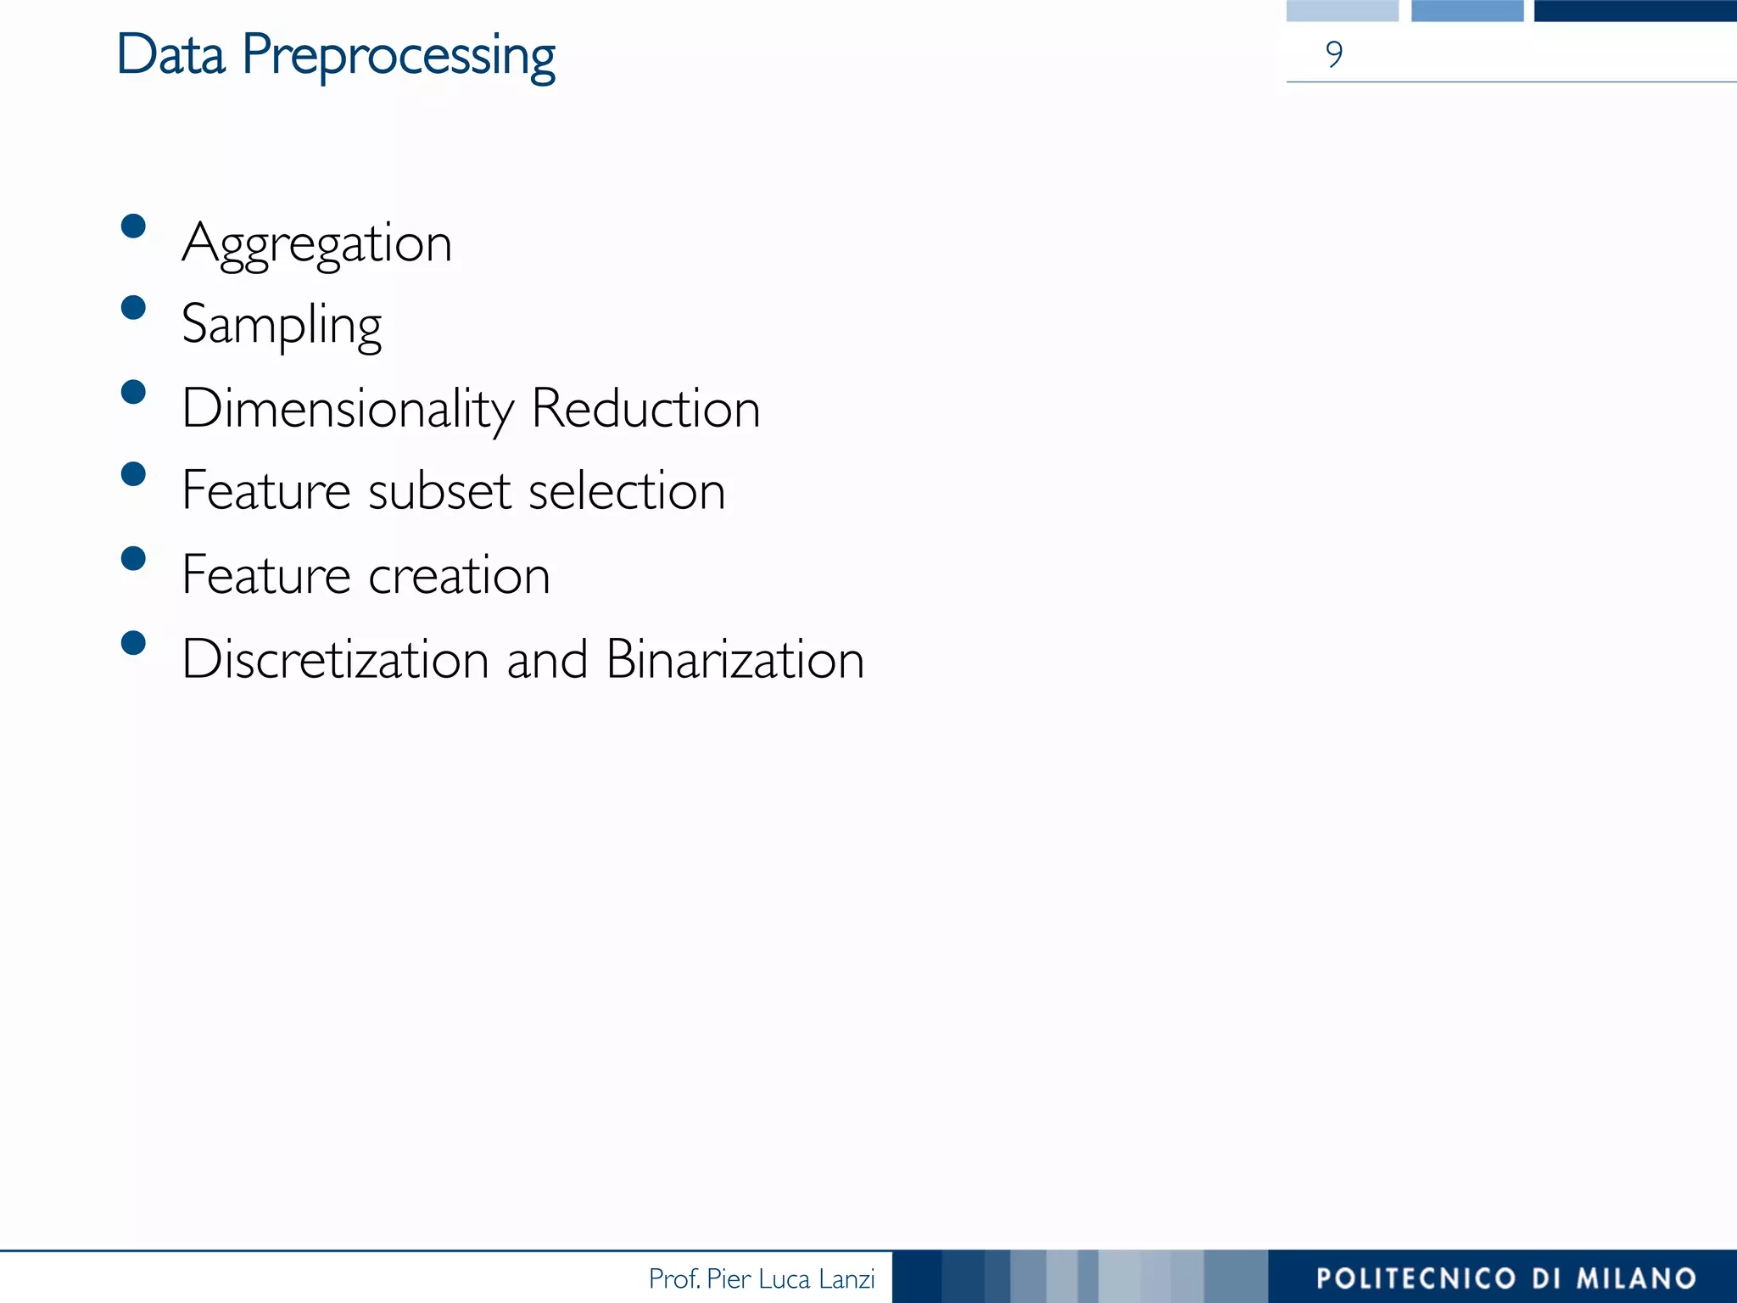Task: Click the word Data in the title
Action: [x=171, y=54]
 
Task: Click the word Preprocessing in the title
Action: [x=399, y=58]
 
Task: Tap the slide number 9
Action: [x=1334, y=54]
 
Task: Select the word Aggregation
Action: [x=316, y=244]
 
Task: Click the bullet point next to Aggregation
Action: [x=133, y=226]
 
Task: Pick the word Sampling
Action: [x=282, y=326]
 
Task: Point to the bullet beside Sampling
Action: [x=133, y=307]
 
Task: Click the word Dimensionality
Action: [x=348, y=410]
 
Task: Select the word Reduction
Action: [x=645, y=408]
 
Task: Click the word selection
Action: [x=627, y=491]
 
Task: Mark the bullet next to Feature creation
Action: [x=133, y=558]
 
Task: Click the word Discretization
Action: [x=335, y=659]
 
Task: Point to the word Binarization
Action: [x=735, y=659]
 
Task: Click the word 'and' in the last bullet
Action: [x=547, y=659]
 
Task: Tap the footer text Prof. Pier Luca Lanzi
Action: [x=761, y=1278]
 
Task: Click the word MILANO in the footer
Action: [x=1636, y=1278]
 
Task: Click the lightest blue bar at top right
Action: [x=1342, y=10]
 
